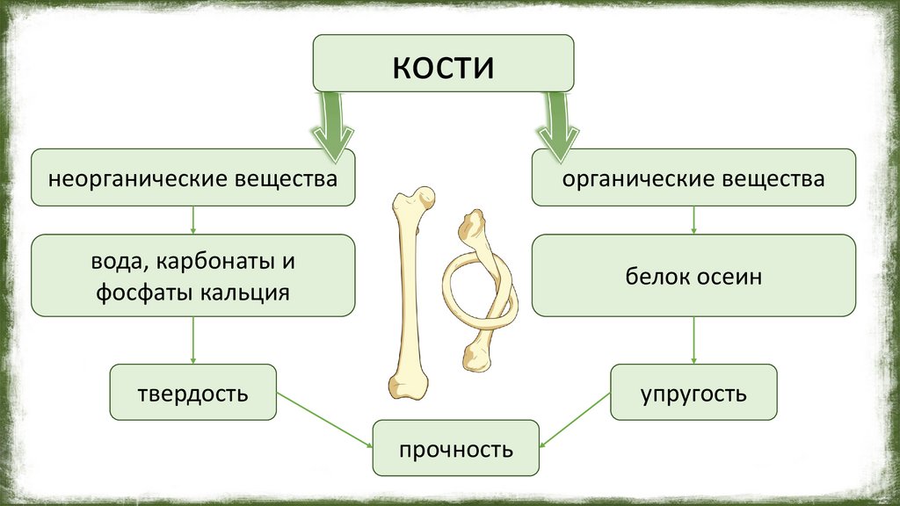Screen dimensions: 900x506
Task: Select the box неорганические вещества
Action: [x=193, y=178]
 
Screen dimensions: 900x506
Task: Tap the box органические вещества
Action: [x=693, y=178]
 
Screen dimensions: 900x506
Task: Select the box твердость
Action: [x=192, y=392]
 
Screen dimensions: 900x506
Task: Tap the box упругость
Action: [x=693, y=392]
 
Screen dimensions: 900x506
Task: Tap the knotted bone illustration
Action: [x=479, y=290]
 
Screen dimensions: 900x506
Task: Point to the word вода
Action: [x=112, y=262]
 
